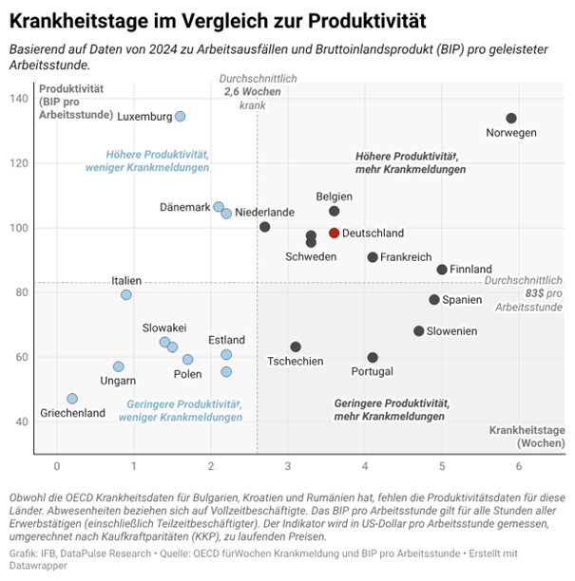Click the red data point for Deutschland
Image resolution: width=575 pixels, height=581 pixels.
(335, 233)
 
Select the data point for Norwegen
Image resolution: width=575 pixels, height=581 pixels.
(511, 119)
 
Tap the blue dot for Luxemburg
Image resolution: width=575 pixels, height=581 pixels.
(181, 116)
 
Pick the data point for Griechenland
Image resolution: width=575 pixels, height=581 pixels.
(72, 399)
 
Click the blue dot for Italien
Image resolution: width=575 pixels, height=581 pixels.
(126, 294)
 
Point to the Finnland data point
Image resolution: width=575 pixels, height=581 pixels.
(442, 270)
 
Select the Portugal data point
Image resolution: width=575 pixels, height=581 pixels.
(373, 358)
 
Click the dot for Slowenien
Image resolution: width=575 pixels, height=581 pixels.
(419, 331)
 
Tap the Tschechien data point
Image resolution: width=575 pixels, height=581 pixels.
(296, 347)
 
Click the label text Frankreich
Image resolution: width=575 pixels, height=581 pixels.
(406, 257)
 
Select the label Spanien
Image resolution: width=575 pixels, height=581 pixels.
(462, 300)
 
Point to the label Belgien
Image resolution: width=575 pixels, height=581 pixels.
(335, 197)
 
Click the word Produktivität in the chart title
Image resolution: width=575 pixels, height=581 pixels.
(367, 20)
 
